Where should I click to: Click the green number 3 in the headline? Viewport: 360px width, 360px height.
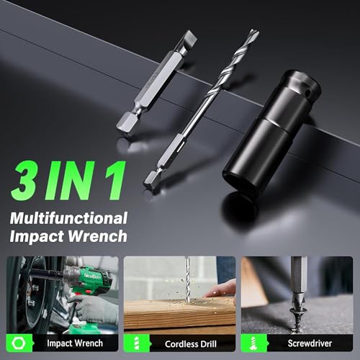click(x=24, y=181)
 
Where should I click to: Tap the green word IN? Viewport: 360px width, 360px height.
click(x=68, y=181)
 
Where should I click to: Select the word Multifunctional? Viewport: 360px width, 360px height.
click(x=68, y=218)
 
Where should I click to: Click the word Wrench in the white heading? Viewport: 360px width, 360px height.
click(x=97, y=236)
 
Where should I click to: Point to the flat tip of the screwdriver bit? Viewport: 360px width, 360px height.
click(x=190, y=40)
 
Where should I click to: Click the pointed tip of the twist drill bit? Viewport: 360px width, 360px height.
click(x=256, y=32)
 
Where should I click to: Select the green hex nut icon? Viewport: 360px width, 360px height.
click(x=19, y=343)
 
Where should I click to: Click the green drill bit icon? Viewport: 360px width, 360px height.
click(x=136, y=343)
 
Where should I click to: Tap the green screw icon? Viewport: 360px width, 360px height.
click(x=253, y=343)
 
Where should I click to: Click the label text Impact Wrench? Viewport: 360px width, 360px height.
click(x=75, y=343)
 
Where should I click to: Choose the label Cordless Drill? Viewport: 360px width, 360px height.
click(x=191, y=344)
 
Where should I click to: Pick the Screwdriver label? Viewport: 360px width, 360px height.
click(x=310, y=343)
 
